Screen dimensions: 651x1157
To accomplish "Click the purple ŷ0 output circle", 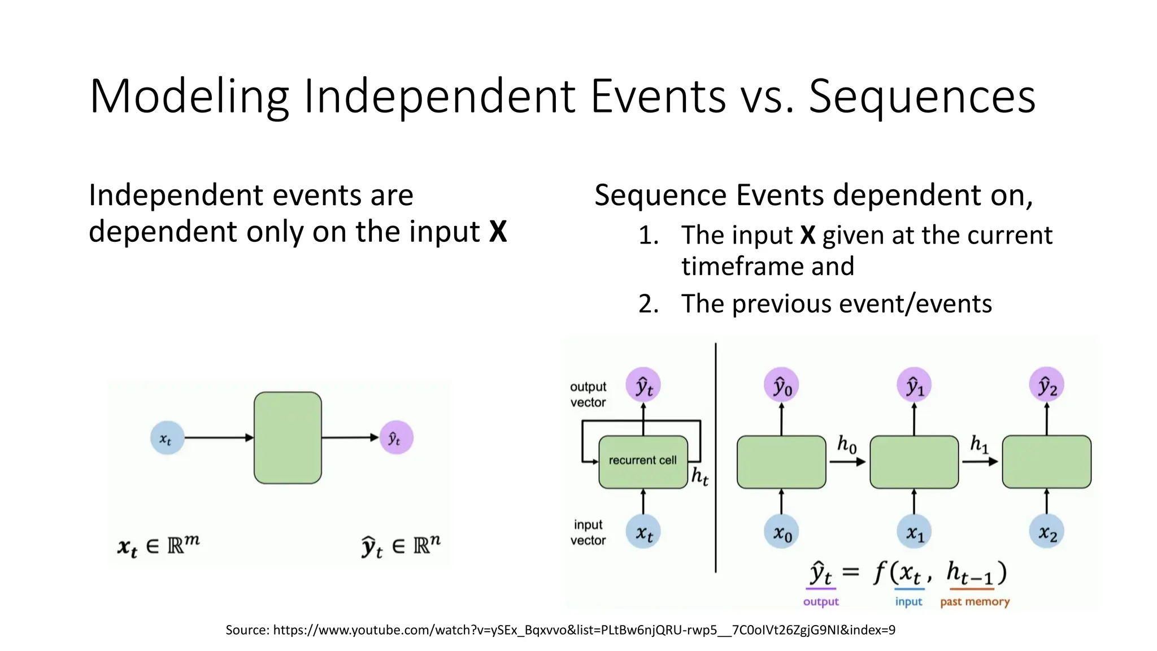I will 782,386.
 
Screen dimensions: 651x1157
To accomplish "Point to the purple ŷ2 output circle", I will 1047,386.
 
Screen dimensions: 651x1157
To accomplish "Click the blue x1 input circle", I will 914,532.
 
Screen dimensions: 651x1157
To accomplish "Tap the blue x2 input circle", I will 1047,532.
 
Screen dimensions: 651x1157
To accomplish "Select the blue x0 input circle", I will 782,532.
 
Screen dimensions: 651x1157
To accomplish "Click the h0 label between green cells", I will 846,445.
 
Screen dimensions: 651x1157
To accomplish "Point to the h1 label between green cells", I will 979,445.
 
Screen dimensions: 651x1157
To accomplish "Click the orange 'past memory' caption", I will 975,602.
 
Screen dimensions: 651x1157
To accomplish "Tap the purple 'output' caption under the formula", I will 821,602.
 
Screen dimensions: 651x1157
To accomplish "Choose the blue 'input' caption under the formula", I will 908,602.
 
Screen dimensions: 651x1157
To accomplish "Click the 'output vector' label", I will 588,394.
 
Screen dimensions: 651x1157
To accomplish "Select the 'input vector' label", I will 588,532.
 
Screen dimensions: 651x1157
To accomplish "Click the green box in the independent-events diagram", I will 288,438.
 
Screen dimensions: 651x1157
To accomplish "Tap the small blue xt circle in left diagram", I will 167,438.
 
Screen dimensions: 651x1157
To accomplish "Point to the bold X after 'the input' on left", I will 498,232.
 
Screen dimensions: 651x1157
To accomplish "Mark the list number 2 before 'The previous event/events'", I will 649,304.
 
